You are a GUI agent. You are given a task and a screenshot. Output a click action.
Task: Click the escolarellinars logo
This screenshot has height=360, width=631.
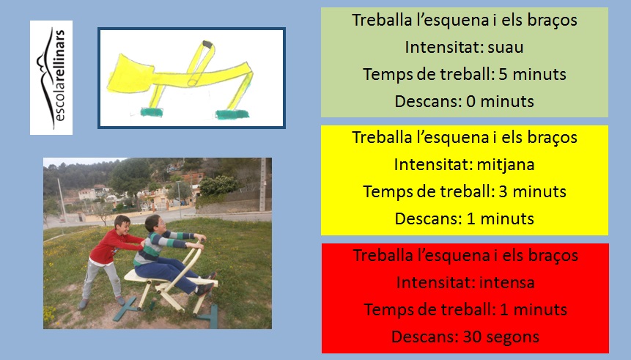pos(51,77)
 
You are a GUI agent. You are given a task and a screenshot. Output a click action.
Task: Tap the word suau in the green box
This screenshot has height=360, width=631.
pos(506,48)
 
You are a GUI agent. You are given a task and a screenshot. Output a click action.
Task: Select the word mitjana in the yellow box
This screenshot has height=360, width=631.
pos(506,165)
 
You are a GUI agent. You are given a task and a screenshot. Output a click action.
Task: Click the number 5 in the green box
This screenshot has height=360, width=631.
pos(503,75)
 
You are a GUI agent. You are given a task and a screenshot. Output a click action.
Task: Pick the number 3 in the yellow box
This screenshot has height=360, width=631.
pos(503,192)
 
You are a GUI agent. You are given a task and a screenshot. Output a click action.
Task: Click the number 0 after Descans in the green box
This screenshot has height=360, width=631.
pos(471,101)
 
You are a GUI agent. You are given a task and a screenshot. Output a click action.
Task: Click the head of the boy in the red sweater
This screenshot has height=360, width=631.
pos(122,225)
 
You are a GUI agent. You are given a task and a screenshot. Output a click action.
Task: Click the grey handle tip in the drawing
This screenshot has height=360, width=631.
pos(207,44)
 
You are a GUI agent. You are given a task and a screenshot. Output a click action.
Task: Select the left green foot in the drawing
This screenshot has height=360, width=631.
pos(152,112)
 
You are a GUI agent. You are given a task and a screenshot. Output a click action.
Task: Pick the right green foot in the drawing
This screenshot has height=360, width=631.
pos(232,114)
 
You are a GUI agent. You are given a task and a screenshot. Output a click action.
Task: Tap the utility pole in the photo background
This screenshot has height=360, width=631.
pos(262,185)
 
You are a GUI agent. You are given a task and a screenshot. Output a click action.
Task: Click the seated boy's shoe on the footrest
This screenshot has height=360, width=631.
pos(204,288)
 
